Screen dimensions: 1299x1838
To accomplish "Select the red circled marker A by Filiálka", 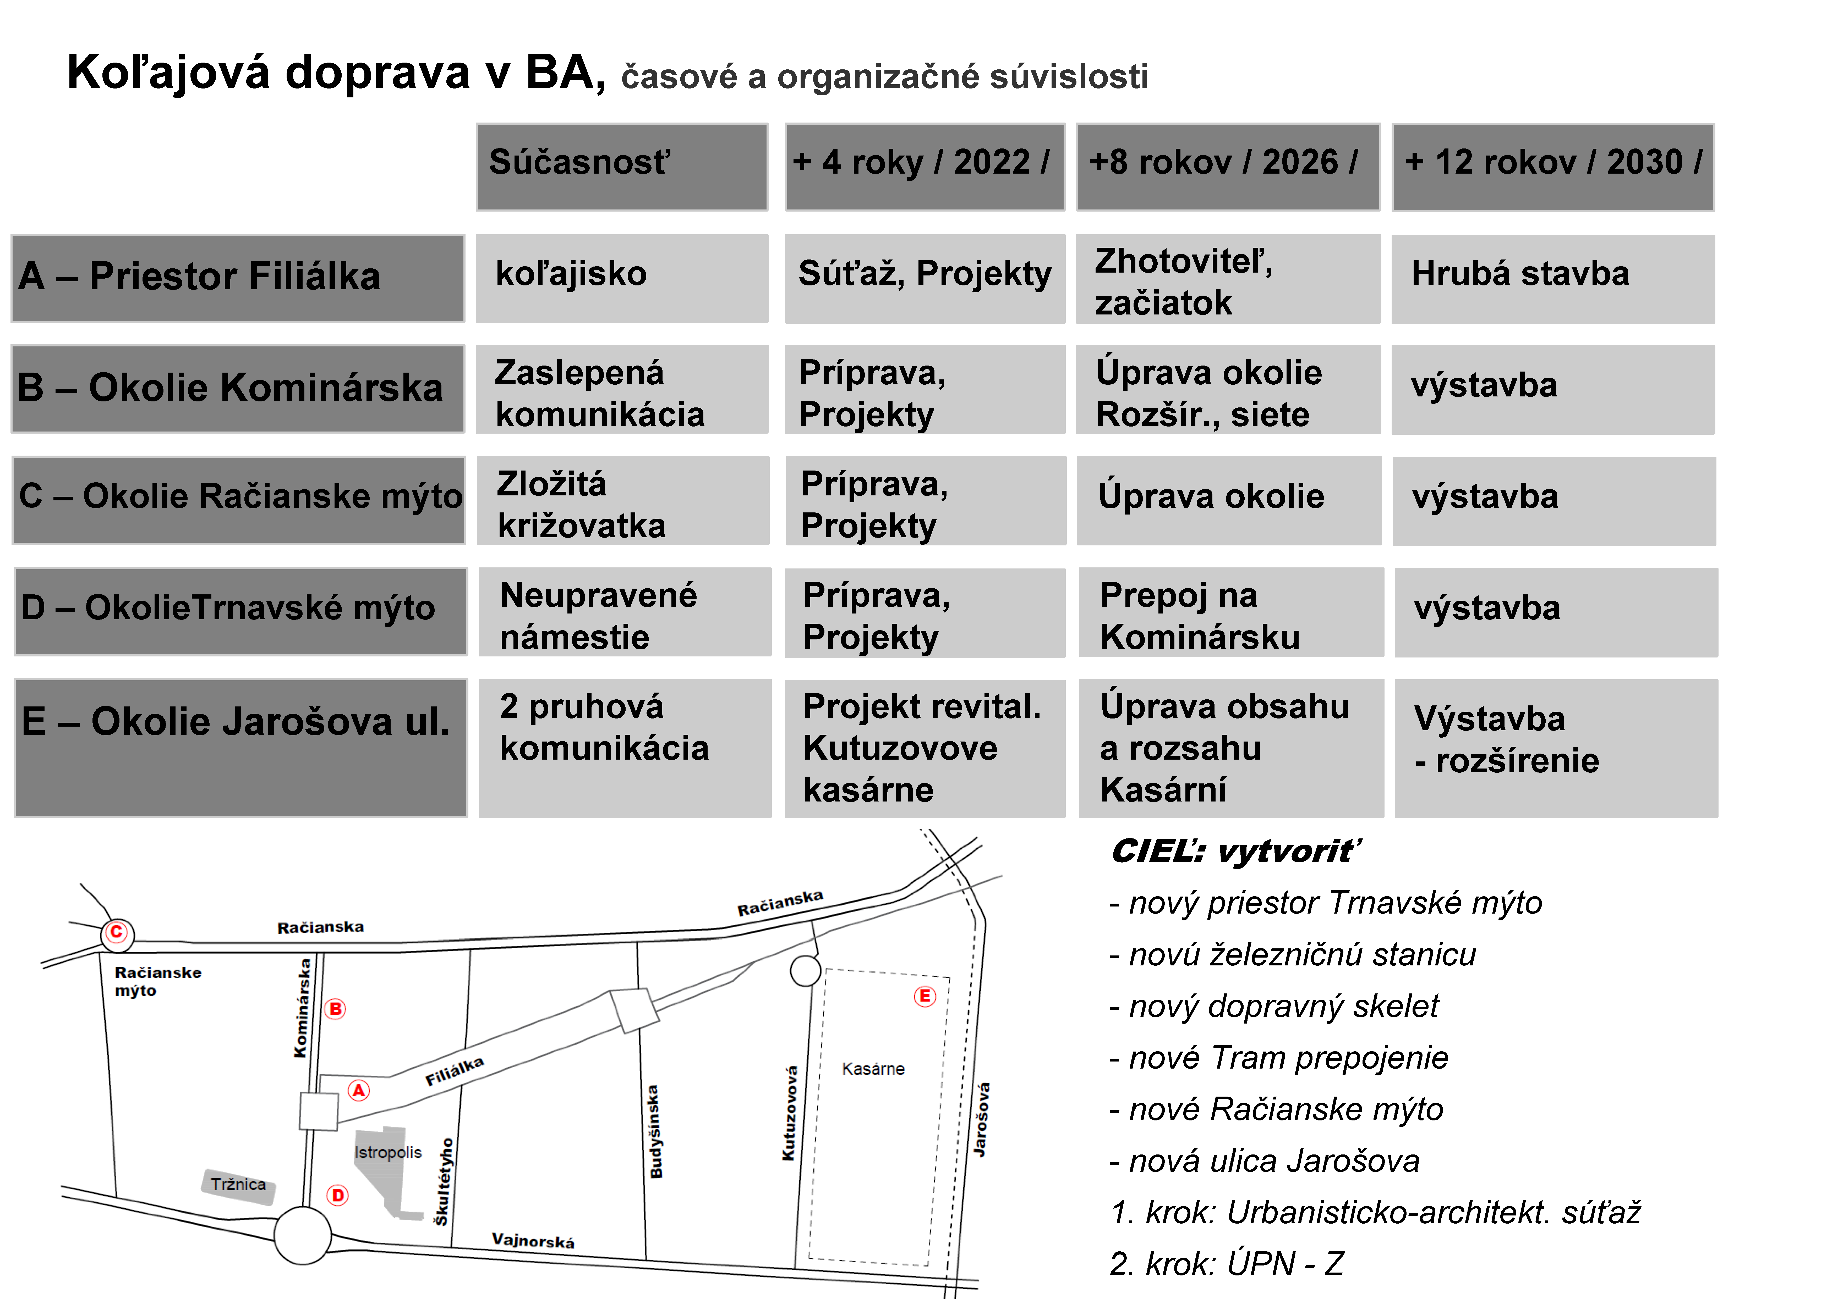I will tap(359, 1090).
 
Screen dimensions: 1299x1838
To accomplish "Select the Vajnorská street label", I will tap(533, 1241).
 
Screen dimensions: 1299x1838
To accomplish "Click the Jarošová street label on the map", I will tap(981, 1119).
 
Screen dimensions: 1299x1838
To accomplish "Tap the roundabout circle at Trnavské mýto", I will tap(303, 1235).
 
